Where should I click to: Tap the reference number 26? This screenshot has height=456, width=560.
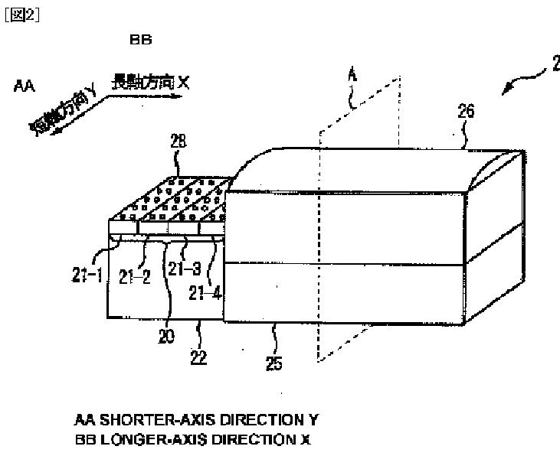[x=466, y=112]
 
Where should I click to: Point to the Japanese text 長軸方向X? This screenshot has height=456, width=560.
[x=150, y=80]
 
